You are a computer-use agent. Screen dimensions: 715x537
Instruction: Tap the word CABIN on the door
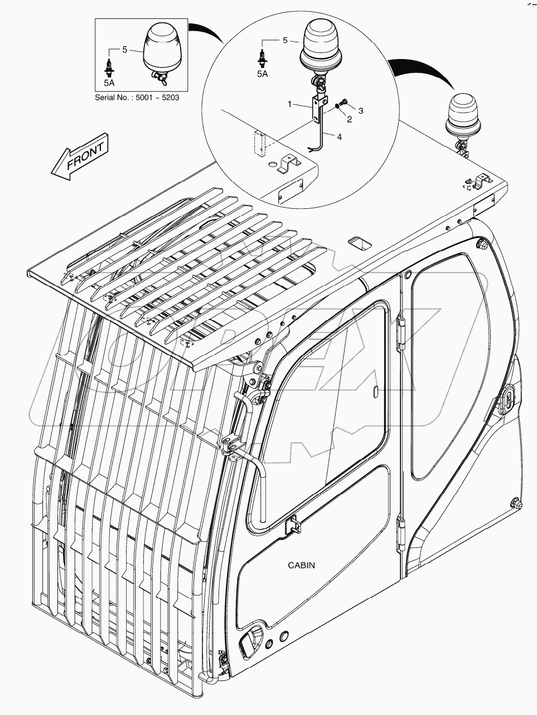point(301,565)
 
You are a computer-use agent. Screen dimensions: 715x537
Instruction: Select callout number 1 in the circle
point(290,104)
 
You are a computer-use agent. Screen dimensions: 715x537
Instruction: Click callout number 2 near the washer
point(350,119)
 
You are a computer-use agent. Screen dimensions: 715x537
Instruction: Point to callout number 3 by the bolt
point(361,111)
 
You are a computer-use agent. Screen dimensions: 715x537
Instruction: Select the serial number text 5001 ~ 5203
point(142,98)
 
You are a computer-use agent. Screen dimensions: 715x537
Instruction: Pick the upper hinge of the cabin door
point(400,333)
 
